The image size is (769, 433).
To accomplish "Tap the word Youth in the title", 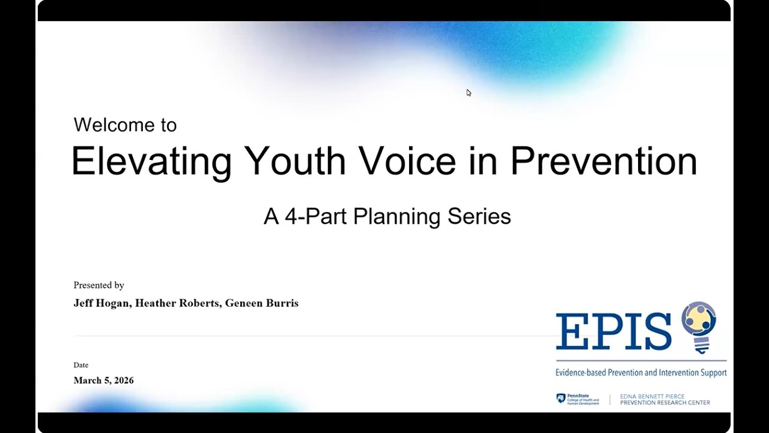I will [x=294, y=161].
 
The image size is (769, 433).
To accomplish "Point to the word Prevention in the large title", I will [x=603, y=161].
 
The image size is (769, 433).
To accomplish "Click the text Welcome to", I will [x=125, y=125].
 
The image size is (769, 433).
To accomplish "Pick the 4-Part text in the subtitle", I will [x=316, y=216].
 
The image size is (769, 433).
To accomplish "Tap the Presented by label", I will [x=99, y=285].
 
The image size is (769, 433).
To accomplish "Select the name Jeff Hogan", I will [x=102, y=303].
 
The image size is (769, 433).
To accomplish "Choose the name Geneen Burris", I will [x=261, y=303].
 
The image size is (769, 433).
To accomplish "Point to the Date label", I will [x=81, y=365].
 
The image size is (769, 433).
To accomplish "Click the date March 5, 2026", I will [x=103, y=380].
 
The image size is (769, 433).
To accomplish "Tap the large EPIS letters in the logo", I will [x=613, y=331].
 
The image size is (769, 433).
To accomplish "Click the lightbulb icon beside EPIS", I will [x=699, y=325].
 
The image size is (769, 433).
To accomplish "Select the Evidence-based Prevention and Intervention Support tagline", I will [x=640, y=373].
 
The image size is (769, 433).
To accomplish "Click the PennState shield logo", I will [x=561, y=399].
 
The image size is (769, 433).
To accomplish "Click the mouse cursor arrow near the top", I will [x=469, y=93].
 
